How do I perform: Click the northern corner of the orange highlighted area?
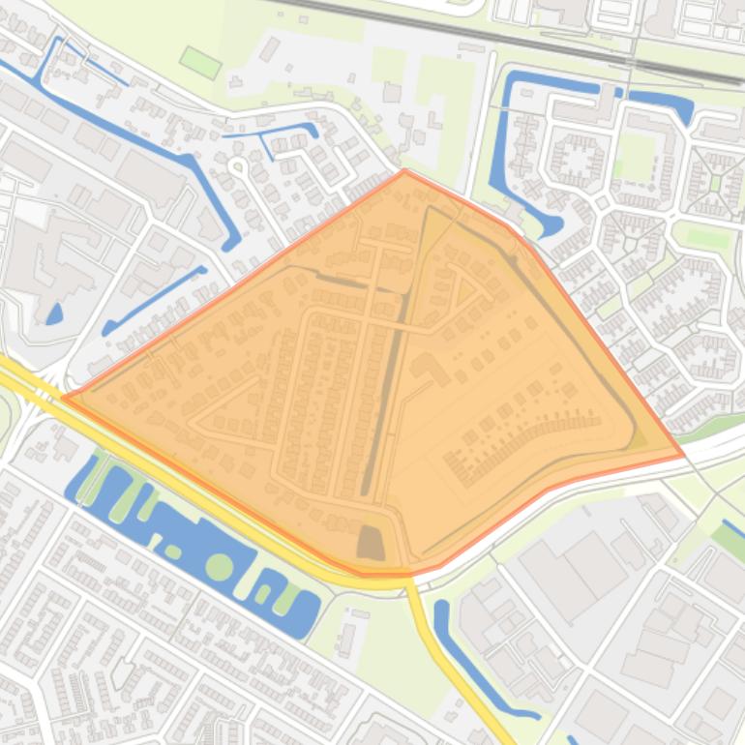[x=404, y=171]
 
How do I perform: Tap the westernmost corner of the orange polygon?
[x=64, y=397]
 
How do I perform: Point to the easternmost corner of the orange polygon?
[x=683, y=454]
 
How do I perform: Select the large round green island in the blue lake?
[x=220, y=567]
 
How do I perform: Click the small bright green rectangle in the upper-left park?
[x=200, y=63]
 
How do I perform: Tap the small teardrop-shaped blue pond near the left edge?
[x=54, y=313]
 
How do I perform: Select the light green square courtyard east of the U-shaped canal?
[x=635, y=155]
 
